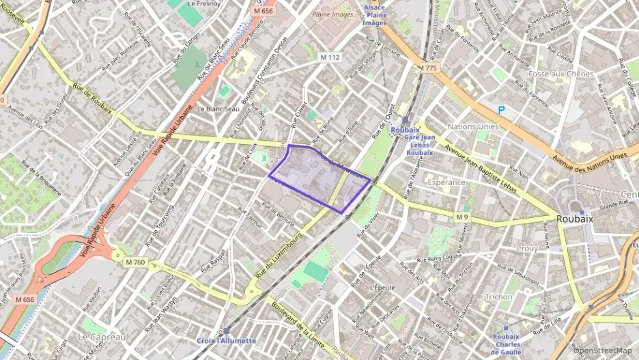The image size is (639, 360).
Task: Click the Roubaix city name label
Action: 574,219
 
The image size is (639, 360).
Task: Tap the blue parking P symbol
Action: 502,109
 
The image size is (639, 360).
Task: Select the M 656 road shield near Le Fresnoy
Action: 263,11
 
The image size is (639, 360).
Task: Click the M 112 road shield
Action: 330,57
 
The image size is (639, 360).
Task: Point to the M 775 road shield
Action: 428,68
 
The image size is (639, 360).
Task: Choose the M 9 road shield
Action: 463,217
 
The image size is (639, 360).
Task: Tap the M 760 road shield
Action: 136,262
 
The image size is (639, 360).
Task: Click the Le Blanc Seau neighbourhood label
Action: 218,109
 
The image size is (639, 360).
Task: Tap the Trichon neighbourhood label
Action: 498,297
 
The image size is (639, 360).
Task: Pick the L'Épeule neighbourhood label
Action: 374,288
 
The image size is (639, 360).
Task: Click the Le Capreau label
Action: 102,337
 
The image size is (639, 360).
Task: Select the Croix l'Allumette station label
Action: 227,341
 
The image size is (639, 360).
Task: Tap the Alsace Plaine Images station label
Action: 374,14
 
